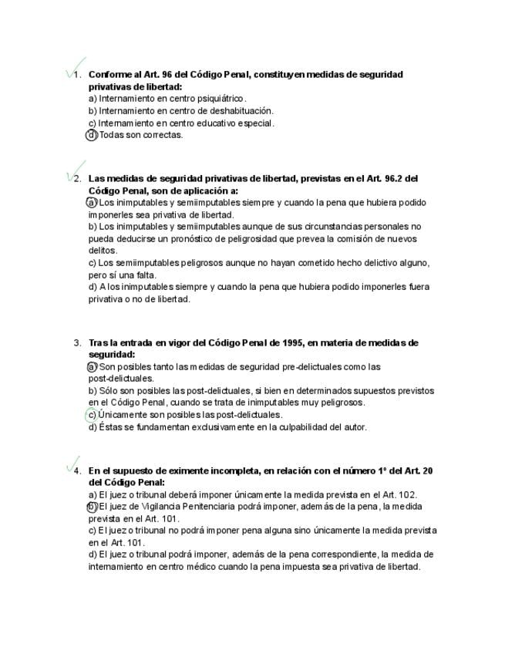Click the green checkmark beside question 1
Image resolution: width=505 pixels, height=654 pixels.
point(76,67)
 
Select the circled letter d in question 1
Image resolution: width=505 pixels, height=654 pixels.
point(93,135)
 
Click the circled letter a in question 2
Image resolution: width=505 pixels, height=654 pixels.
point(93,202)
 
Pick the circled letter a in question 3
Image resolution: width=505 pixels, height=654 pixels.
point(93,367)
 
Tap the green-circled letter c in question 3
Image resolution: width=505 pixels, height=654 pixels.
point(92,415)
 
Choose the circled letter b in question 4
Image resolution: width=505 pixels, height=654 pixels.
point(93,507)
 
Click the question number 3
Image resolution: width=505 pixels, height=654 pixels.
point(77,343)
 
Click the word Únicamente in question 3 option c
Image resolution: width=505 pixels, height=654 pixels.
point(123,415)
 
